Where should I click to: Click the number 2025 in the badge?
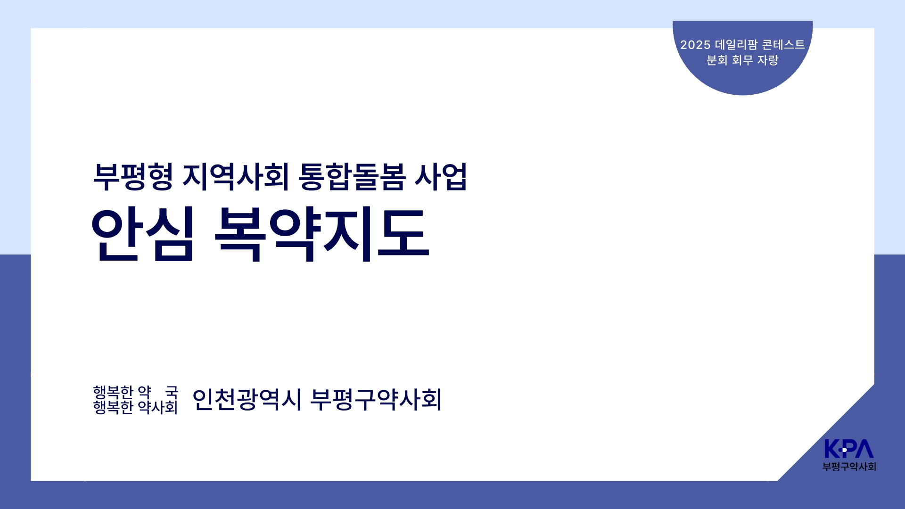695,45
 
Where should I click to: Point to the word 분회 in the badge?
717,60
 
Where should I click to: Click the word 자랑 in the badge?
768,60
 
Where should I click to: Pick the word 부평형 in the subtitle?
133,177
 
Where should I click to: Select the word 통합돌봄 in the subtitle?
352,177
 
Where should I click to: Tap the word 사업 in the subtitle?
441,177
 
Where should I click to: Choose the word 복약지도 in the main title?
322,234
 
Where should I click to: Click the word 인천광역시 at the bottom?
247,400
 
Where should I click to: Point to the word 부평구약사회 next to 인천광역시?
376,400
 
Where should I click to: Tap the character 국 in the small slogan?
172,392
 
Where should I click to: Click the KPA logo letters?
849,449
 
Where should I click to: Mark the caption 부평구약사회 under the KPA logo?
849,467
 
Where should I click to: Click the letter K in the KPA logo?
832,449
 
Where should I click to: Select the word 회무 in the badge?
742,60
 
